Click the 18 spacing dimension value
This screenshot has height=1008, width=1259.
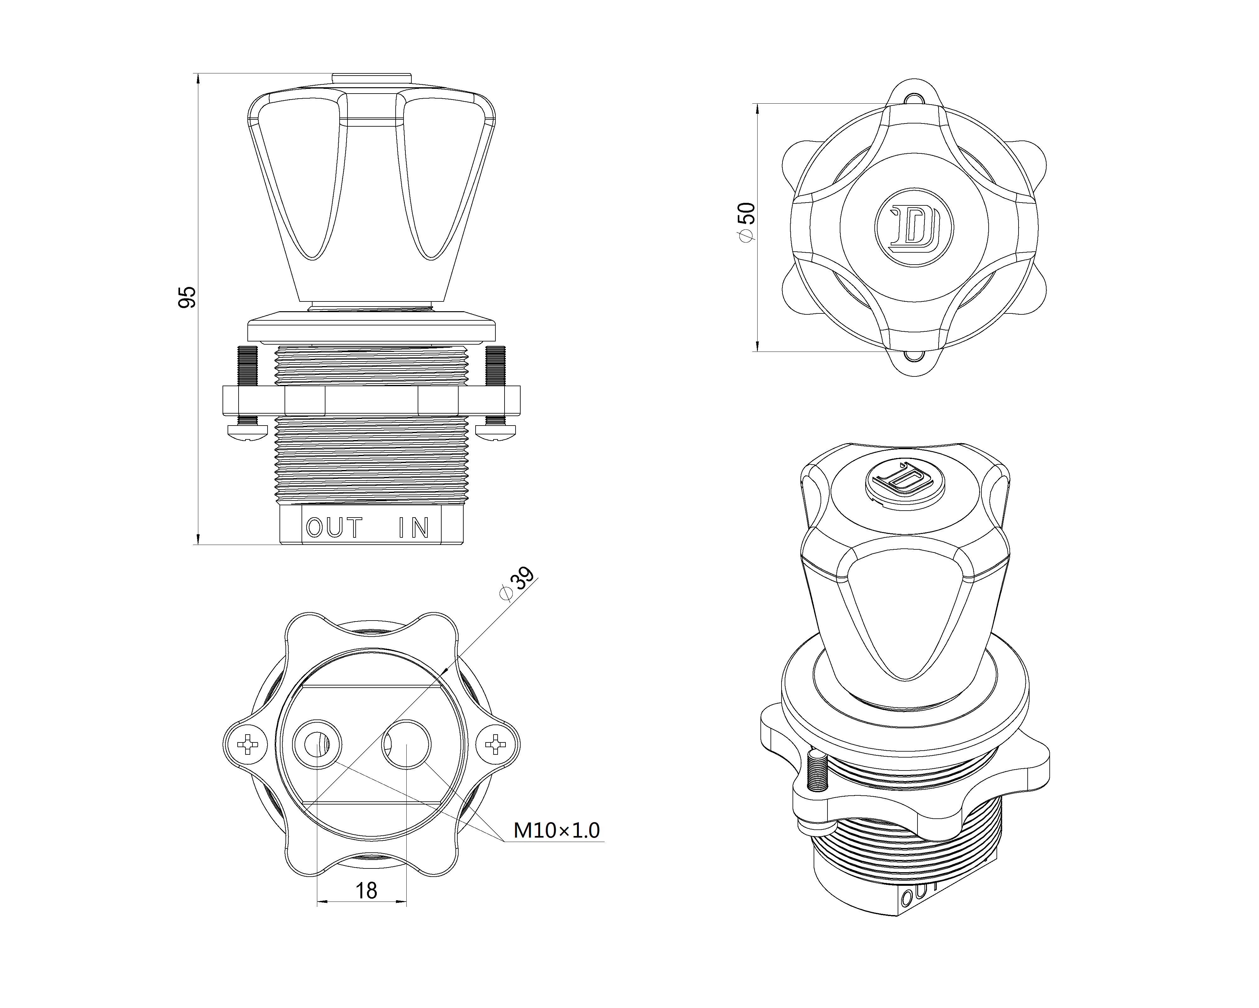click(366, 891)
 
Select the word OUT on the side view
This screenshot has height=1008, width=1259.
click(334, 528)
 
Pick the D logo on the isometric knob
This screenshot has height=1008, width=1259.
click(904, 481)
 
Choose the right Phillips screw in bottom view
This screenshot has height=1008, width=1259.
click(496, 744)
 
